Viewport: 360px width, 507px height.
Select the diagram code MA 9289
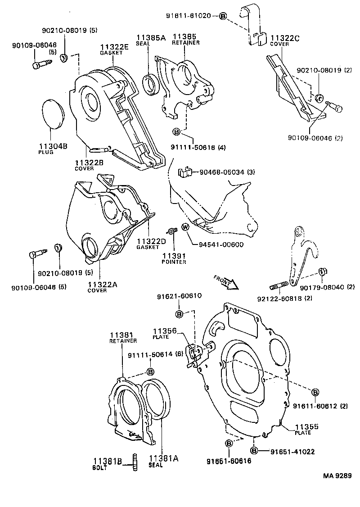point(335,475)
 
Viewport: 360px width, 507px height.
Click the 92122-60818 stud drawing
point(279,286)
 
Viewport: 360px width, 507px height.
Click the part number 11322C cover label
point(284,38)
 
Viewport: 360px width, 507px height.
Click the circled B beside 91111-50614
point(150,371)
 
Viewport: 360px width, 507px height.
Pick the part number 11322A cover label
point(103,285)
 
